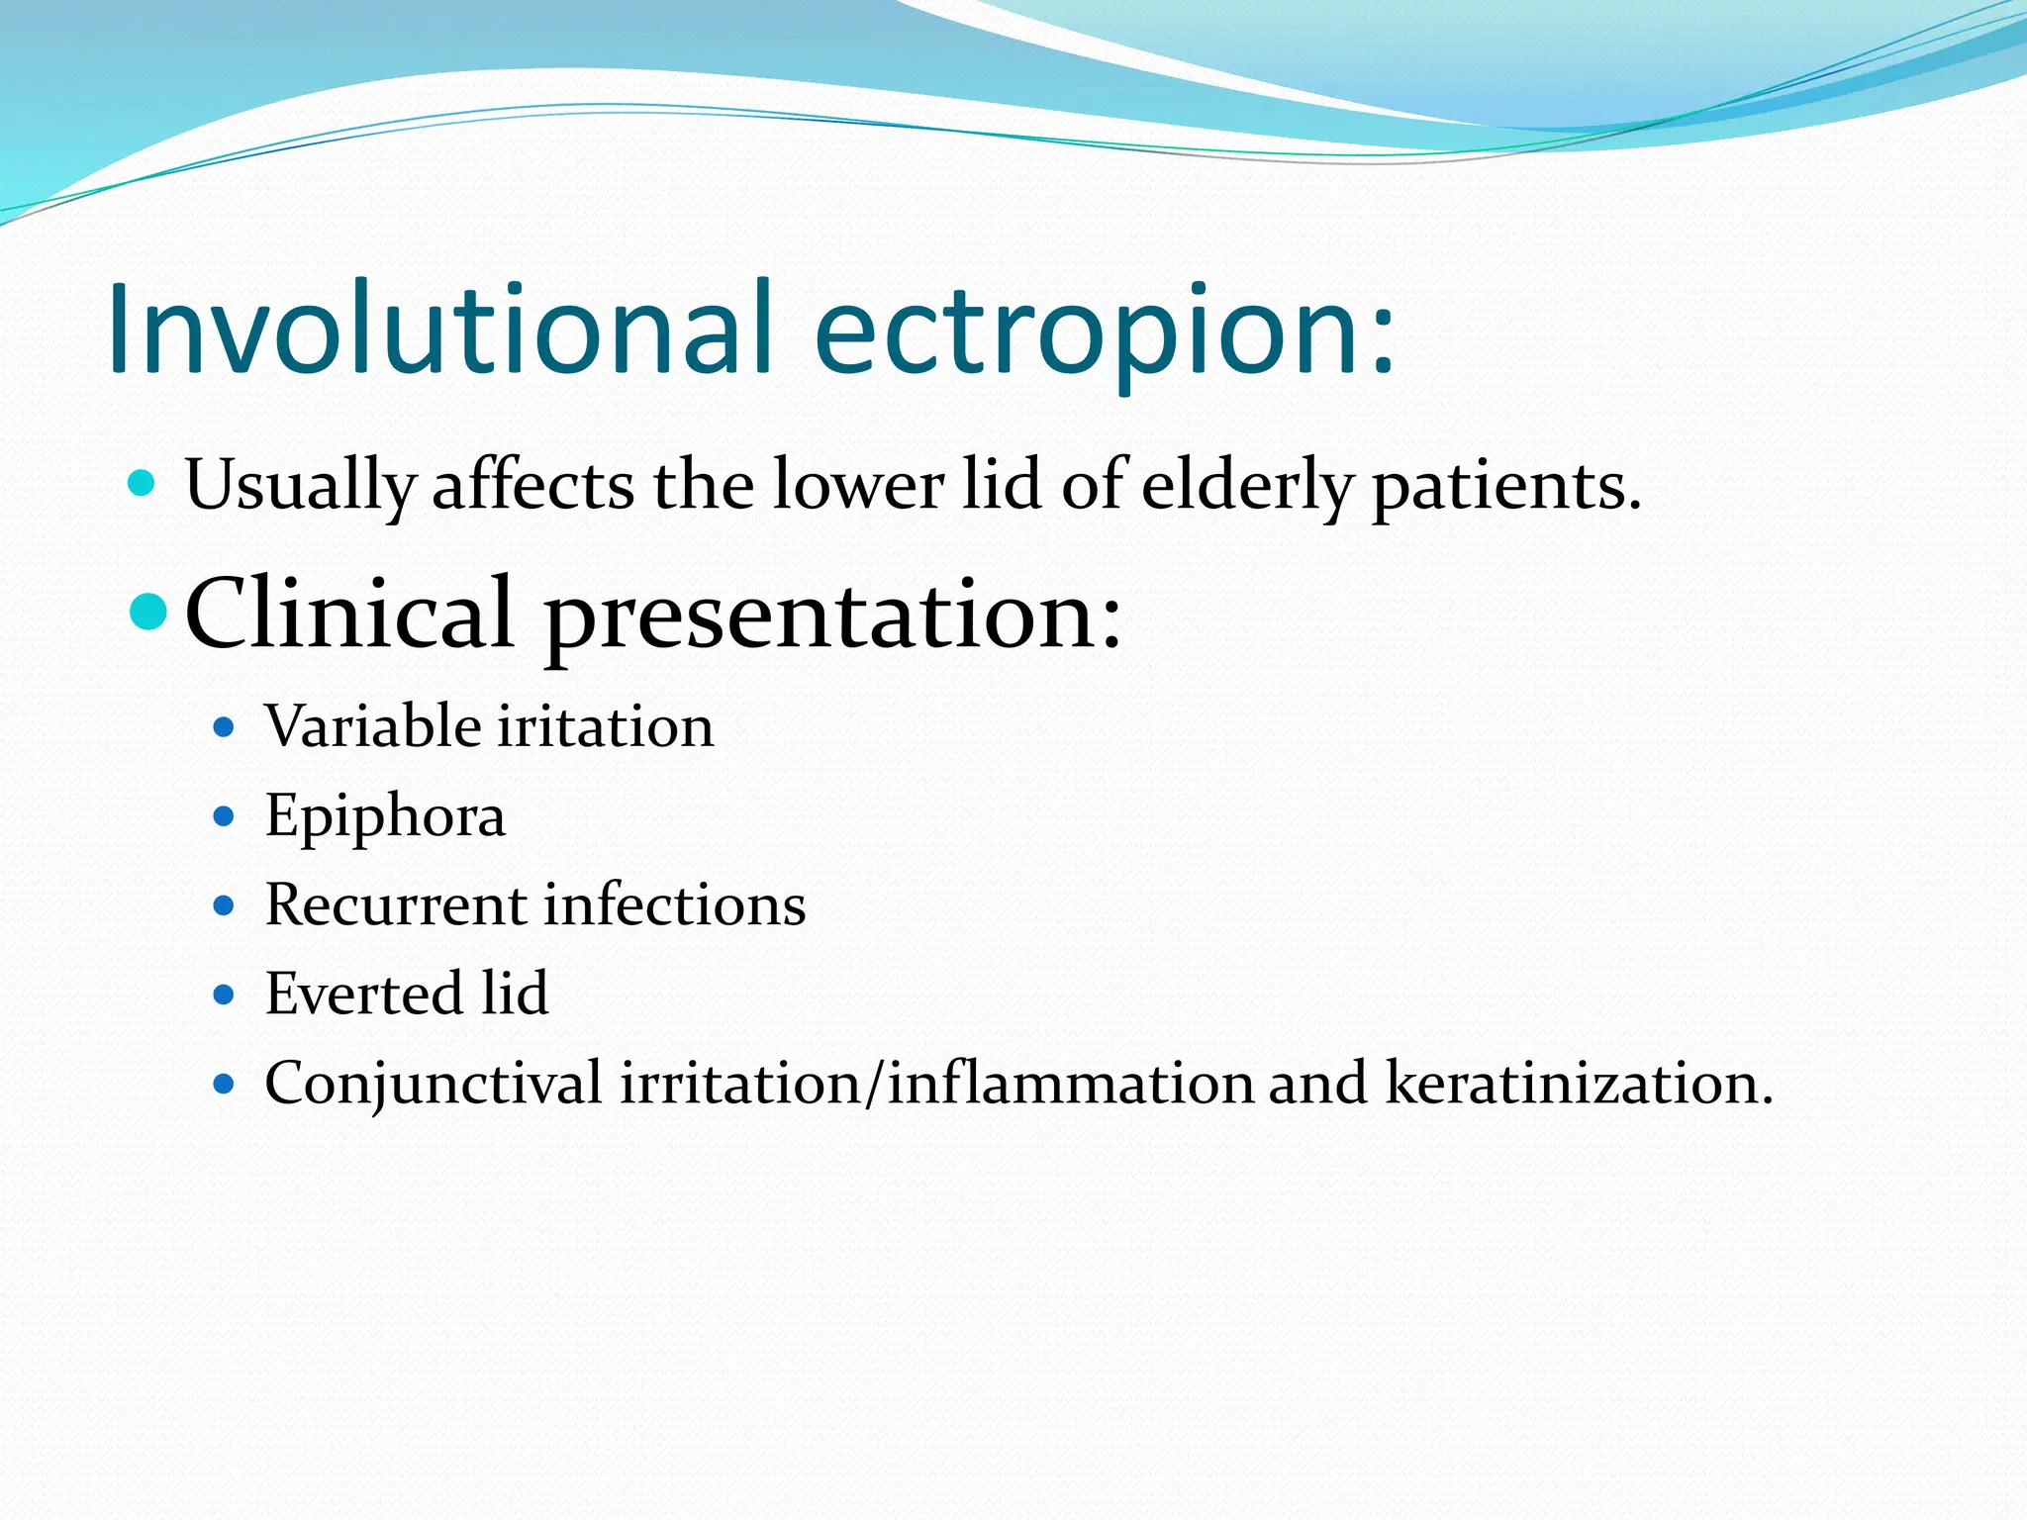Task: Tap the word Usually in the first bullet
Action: (300, 486)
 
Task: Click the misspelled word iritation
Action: (605, 726)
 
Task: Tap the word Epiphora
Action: (385, 817)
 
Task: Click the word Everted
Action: (363, 994)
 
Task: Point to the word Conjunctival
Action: (434, 1083)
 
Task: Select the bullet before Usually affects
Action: (143, 484)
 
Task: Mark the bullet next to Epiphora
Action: (224, 817)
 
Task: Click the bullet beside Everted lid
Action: (224, 995)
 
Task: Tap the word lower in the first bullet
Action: (858, 486)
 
